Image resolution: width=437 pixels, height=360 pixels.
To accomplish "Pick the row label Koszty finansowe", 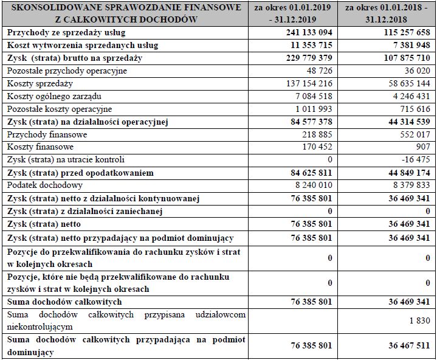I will [40, 147].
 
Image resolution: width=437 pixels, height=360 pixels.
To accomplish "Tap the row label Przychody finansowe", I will [47, 134].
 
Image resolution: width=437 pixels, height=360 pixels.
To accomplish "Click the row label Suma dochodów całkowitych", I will [64, 302].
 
